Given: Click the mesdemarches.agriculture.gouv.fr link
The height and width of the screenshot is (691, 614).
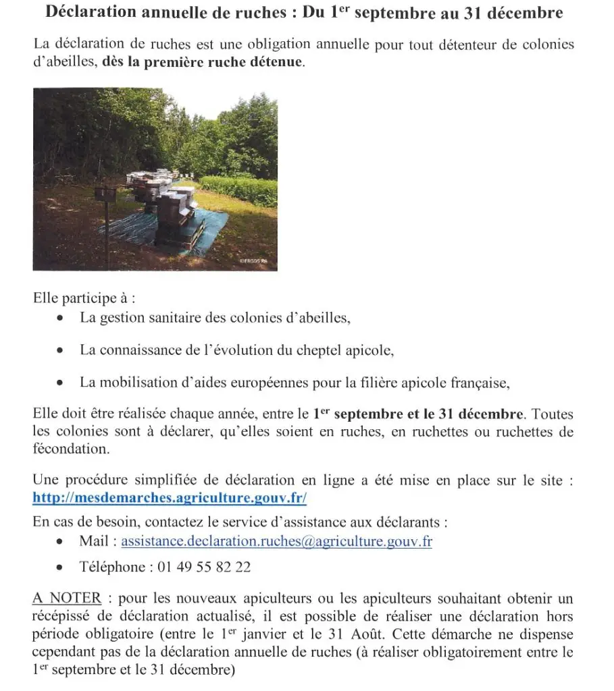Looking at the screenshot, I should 170,498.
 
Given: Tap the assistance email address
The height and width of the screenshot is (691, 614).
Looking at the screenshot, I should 276,542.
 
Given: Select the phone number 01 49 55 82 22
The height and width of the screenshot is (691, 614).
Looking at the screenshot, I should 204,567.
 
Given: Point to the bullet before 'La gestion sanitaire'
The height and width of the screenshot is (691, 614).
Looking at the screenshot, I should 61,319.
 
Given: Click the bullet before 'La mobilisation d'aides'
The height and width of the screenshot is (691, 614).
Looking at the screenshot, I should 61,383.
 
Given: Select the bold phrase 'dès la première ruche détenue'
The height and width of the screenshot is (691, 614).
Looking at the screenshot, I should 203,62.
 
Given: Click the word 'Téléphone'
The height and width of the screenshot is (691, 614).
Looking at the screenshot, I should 112,567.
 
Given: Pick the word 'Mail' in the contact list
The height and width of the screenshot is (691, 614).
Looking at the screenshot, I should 94,542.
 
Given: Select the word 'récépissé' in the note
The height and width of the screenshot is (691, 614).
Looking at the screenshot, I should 62,615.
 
